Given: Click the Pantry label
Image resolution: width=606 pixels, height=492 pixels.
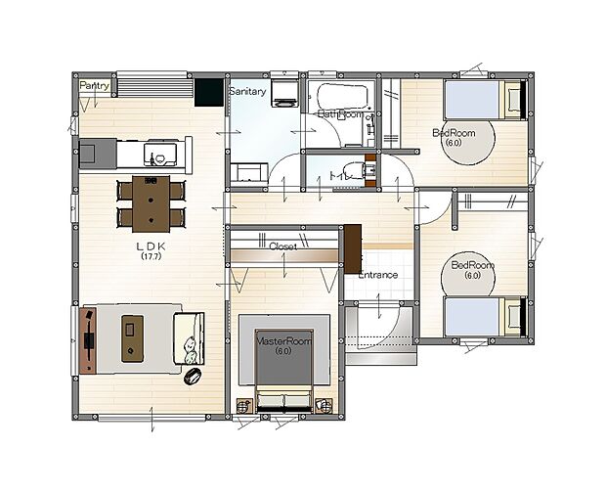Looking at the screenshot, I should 95,86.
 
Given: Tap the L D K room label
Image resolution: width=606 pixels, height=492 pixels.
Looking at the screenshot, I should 151,247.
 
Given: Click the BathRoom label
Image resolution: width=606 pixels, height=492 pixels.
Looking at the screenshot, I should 340,114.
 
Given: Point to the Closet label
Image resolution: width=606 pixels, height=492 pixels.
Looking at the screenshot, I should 282,246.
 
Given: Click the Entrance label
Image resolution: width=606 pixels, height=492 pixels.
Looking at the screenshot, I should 377,275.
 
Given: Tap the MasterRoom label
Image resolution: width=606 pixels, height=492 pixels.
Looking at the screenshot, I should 282,341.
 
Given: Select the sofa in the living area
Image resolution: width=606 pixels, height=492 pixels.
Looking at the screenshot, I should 189,338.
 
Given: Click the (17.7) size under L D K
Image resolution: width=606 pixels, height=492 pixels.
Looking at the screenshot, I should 151,258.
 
